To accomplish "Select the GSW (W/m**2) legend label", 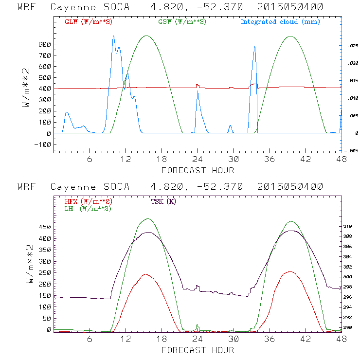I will pos(182,22).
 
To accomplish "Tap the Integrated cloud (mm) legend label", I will pos(280,22).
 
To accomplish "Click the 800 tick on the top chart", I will pos(44,44).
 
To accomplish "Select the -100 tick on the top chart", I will pos(43,144).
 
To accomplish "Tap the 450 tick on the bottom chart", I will pos(44,227).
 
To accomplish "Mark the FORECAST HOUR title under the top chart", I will pos(198,170).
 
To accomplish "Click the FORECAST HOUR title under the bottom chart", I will pos(198,350).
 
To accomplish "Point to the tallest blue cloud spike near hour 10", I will pos(113,36).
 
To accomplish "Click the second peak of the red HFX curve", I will pos(290,271).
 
